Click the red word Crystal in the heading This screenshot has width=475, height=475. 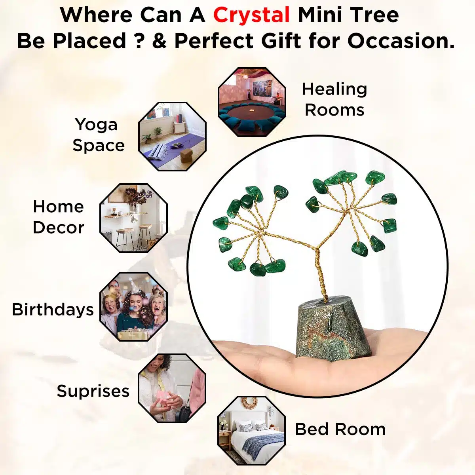[x=251, y=15]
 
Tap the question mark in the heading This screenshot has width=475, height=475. [x=138, y=41]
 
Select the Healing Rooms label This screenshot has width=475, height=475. [x=334, y=99]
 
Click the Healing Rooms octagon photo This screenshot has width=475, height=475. [x=252, y=102]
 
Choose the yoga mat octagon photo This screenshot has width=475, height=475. [x=172, y=137]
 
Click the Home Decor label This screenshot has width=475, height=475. [x=59, y=217]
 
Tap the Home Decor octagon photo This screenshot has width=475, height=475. [x=133, y=218]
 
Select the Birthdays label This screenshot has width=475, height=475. [x=53, y=309]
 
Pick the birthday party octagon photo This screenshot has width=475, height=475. [x=133, y=307]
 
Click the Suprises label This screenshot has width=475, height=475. [x=93, y=391]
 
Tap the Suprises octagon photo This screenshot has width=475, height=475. [x=172, y=388]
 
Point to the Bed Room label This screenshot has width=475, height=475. [x=340, y=429]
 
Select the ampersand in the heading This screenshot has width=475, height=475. [x=159, y=41]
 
